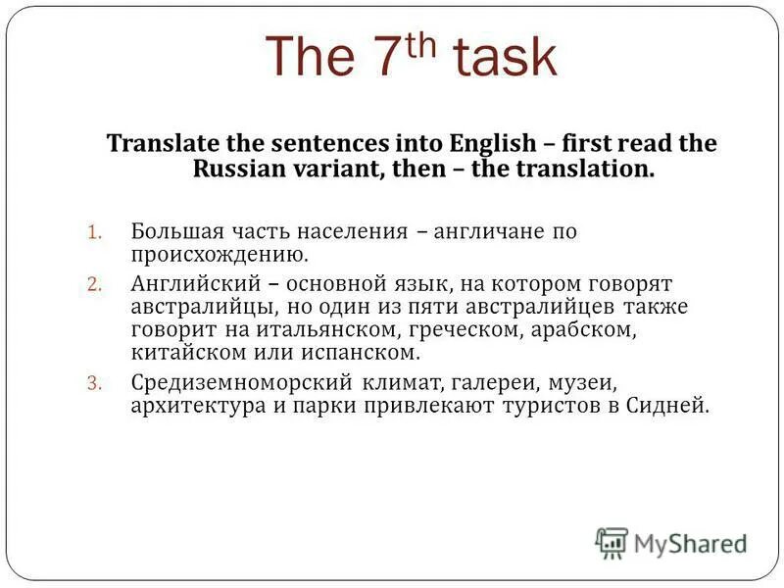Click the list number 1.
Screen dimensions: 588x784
coord(94,233)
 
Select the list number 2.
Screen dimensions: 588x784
coord(94,284)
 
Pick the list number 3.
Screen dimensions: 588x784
coord(94,382)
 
